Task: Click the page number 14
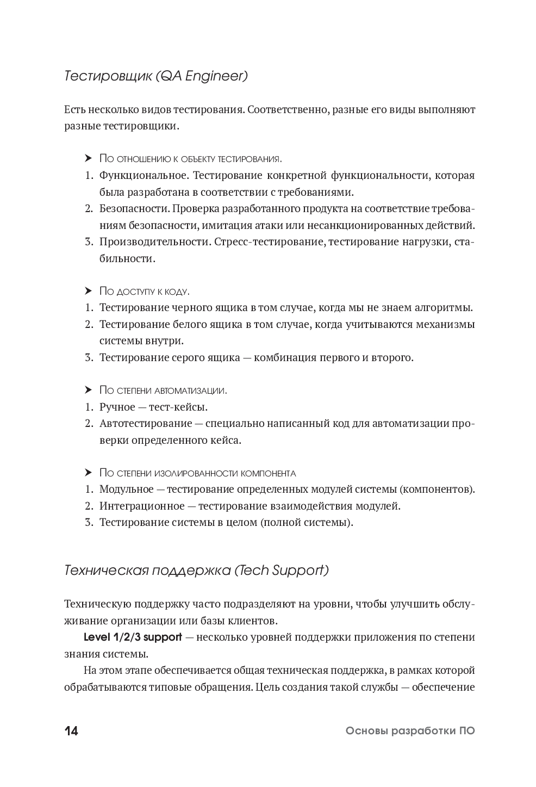coord(71,731)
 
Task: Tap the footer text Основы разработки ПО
coord(410,731)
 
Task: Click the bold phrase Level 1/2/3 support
coord(133,637)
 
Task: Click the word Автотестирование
coord(146,424)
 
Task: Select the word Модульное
coord(127,489)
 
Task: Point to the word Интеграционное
coord(142,506)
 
